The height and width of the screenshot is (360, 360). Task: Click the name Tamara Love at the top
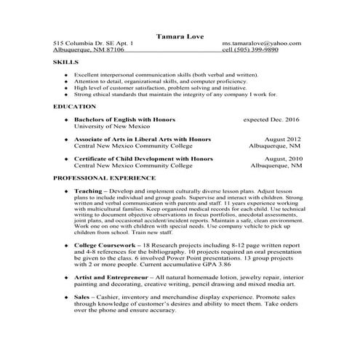click(180, 35)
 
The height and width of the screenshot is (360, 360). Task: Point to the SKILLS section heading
click(65, 63)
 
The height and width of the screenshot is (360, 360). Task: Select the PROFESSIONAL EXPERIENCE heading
click(104, 177)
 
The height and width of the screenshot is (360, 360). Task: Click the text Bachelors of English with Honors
click(124, 118)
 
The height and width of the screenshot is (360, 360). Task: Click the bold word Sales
click(82, 297)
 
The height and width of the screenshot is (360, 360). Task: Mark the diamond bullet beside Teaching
click(66, 190)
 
